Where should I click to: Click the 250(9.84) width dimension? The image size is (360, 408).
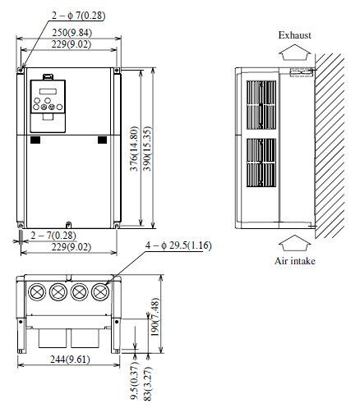tap(72, 33)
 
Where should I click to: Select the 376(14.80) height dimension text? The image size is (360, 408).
tap(134, 149)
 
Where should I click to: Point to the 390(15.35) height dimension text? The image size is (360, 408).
tap(147, 149)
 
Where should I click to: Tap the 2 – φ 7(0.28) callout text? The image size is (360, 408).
tap(79, 16)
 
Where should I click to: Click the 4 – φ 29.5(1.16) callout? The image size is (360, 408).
tap(178, 245)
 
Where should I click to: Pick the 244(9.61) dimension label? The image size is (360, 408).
tap(70, 360)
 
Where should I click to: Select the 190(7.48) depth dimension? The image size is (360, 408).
tap(155, 317)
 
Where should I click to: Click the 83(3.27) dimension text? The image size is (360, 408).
tap(147, 383)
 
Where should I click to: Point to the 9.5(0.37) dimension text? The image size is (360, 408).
tap(134, 380)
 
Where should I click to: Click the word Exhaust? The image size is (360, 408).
tap(295, 35)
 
